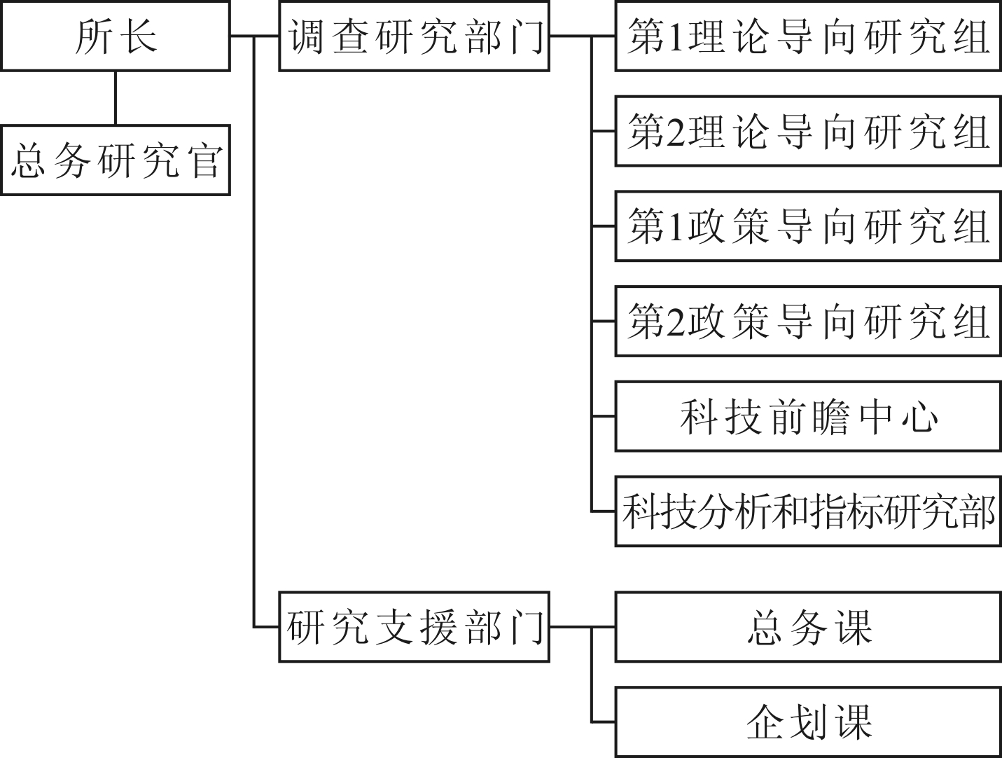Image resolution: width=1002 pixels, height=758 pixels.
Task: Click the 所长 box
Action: [x=116, y=36]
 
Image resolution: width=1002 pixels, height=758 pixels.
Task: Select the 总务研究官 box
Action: [x=116, y=160]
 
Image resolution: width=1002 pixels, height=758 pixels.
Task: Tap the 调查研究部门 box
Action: [x=414, y=36]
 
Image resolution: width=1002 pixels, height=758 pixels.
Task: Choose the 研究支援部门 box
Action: [x=414, y=627]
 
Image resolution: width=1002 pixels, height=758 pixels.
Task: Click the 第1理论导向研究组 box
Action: [x=808, y=36]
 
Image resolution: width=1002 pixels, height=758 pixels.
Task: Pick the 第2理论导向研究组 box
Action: [x=808, y=131]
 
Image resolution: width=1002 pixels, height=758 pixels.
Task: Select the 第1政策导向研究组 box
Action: [x=808, y=226]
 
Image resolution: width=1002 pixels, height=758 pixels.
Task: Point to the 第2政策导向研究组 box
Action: [x=808, y=321]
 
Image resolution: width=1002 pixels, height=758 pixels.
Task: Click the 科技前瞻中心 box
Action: [x=808, y=416]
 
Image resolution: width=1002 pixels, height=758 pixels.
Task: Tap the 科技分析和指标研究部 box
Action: [x=808, y=511]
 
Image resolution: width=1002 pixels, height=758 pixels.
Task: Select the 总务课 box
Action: [x=808, y=627]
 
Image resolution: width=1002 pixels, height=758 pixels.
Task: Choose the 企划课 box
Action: [x=808, y=722]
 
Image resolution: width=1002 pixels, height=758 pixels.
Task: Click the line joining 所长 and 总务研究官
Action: [x=116, y=98]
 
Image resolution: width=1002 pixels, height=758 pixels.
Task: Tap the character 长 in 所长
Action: [x=138, y=36]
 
